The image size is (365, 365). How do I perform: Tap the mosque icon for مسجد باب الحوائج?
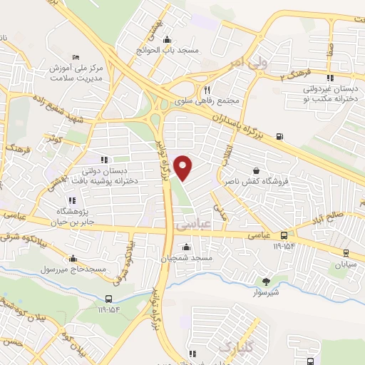point(167,39)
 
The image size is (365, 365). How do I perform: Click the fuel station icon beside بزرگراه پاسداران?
point(279,137)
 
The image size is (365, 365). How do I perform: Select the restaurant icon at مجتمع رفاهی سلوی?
point(207,91)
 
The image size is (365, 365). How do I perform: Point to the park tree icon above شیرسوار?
point(267,282)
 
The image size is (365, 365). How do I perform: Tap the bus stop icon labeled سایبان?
point(346,252)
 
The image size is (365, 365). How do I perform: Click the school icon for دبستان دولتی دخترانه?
point(106,160)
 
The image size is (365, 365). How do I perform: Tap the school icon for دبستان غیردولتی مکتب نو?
point(329,78)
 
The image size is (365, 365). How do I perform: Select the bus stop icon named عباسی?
point(284,235)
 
